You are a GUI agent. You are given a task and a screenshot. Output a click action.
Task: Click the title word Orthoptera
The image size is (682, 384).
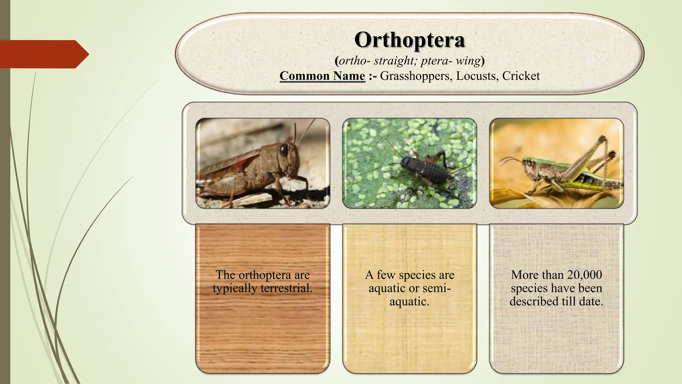(409, 40)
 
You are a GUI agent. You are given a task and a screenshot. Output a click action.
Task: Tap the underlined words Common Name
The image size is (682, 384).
(322, 76)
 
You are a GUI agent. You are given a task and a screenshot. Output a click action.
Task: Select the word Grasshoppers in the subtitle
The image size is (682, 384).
(416, 76)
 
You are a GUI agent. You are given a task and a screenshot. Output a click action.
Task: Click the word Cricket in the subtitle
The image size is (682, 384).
(521, 76)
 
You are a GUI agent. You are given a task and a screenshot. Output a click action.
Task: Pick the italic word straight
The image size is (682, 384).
(395, 61)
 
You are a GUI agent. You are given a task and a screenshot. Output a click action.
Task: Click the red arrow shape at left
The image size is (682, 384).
(43, 54)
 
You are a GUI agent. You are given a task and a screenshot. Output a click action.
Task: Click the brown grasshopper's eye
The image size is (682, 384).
(283, 150)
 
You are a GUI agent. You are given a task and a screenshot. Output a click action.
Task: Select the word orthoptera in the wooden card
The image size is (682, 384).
(265, 275)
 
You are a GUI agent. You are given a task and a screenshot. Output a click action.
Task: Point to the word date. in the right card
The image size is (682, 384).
(591, 301)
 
